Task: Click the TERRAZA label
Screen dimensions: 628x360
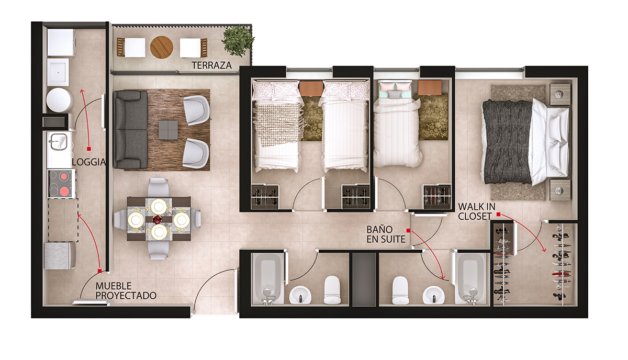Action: (211, 65)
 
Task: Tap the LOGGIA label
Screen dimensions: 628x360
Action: (89, 162)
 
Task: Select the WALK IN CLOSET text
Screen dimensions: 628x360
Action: (477, 211)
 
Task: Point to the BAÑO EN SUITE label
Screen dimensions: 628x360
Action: (386, 234)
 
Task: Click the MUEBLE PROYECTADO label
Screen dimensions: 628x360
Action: (126, 291)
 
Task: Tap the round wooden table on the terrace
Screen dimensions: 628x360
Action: (162, 47)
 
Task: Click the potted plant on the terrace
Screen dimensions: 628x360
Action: (238, 41)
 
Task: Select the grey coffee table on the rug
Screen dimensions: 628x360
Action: (168, 130)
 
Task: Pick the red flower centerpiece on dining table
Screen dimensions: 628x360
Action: (158, 220)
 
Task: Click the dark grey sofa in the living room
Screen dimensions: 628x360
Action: (130, 129)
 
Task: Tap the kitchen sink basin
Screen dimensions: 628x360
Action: (58, 141)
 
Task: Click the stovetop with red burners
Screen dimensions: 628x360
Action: (62, 184)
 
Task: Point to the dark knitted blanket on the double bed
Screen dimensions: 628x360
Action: (507, 142)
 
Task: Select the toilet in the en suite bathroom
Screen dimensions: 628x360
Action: (400, 290)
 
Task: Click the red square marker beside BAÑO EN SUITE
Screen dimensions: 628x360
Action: (409, 230)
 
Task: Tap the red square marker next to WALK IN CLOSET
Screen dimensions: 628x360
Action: (498, 215)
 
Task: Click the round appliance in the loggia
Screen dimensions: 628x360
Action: (59, 100)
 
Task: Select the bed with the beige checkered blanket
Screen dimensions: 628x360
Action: (277, 126)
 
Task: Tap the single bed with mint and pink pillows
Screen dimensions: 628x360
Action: (398, 123)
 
